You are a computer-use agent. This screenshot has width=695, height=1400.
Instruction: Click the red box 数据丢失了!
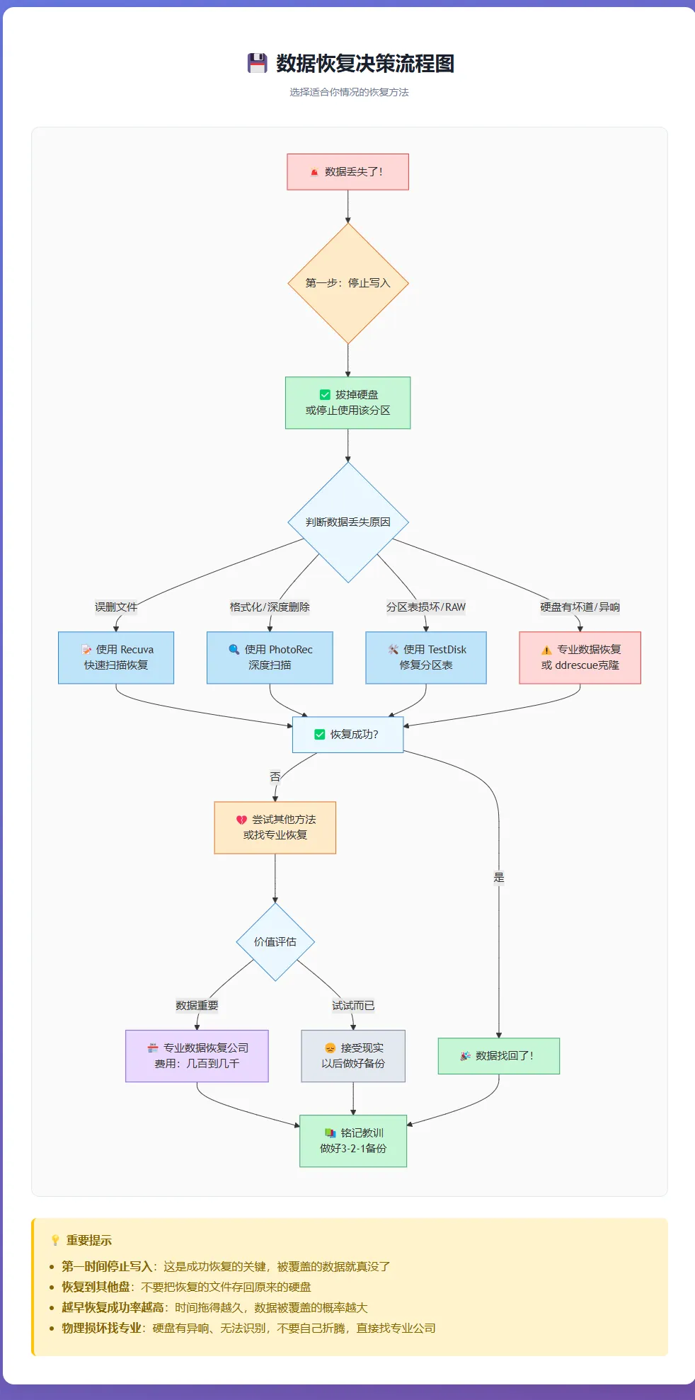(347, 172)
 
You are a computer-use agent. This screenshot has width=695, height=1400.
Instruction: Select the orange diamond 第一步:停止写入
(347, 283)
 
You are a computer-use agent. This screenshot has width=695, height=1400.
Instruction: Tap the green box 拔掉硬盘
(347, 403)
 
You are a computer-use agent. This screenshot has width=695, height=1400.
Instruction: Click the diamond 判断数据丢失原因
(347, 522)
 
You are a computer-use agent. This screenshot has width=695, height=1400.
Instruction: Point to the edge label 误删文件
(116, 607)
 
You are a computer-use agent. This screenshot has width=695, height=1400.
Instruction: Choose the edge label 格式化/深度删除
(270, 607)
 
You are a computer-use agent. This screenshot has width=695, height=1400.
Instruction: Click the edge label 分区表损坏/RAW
(426, 607)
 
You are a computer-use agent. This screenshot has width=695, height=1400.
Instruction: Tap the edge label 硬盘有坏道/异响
(580, 607)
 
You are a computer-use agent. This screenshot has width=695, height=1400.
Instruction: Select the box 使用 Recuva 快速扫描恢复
(116, 658)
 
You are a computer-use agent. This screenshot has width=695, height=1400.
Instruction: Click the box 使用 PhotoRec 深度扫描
(270, 658)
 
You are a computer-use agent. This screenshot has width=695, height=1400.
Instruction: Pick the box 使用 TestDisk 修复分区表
(426, 658)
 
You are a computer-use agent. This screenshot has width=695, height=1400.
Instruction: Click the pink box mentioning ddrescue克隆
(580, 658)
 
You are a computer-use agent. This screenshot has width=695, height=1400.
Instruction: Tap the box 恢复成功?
(347, 735)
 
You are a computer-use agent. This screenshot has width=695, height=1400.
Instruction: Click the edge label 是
(499, 878)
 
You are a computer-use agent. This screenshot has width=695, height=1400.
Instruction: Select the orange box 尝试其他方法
(275, 827)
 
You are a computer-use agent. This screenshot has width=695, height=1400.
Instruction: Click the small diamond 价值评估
(275, 942)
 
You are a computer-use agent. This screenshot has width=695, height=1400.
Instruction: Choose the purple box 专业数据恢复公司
(197, 1056)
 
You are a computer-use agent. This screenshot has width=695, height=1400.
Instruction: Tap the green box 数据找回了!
(499, 1056)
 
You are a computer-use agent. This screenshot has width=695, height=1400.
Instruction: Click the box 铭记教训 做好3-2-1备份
(353, 1141)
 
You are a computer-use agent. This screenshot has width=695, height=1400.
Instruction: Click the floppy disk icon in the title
(257, 63)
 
